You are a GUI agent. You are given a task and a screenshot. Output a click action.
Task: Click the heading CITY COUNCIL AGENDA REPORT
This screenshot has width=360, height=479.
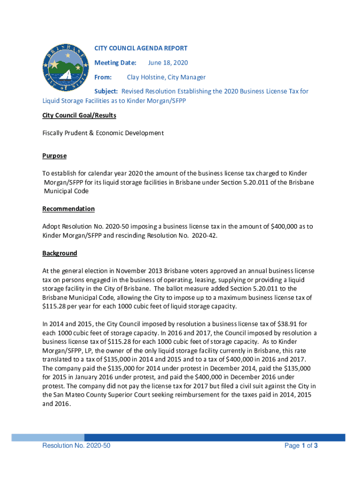coord(141,48)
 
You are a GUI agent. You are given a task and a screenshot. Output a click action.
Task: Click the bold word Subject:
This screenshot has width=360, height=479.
coord(106,91)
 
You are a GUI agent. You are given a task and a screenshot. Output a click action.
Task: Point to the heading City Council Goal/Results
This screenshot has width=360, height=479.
coord(79,115)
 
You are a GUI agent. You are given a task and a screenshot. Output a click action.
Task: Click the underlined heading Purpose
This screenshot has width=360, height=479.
coord(54,156)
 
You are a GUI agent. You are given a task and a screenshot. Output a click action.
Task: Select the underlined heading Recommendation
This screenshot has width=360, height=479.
coord(68,209)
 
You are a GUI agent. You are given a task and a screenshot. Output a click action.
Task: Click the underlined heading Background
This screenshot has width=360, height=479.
coord(59,253)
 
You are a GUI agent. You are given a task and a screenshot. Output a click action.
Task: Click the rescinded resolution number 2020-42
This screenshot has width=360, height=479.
coord(202,235)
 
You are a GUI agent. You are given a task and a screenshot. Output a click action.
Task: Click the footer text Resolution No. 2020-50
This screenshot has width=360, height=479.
coord(76,446)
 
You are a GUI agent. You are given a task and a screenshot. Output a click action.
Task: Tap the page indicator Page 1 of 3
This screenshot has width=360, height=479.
coord(301,446)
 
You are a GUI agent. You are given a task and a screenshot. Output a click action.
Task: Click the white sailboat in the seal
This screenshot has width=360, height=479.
coord(65,75)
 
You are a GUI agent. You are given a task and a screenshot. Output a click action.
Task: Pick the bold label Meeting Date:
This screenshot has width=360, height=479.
coord(115,63)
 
